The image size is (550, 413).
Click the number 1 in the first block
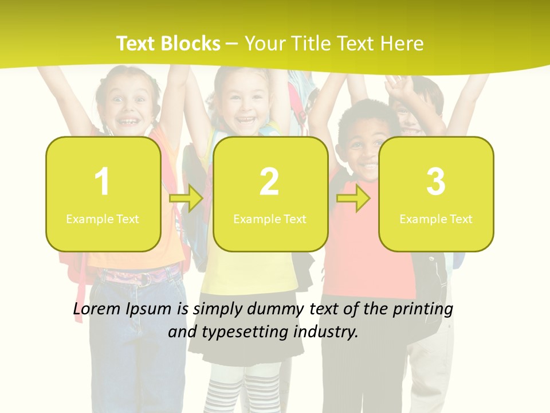[102, 182]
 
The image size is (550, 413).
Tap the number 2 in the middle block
[269, 182]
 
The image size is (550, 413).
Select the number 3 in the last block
[436, 182]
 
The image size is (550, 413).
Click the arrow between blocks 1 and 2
[187, 199]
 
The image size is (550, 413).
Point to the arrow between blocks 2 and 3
[353, 199]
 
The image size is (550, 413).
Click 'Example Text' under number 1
[103, 219]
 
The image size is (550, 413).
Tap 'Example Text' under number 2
[270, 219]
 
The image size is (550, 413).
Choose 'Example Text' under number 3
[436, 219]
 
